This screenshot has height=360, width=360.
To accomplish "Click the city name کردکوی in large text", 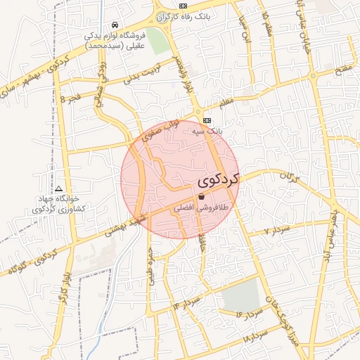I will point(218,179).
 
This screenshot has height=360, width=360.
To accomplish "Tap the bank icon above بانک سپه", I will point(207,120).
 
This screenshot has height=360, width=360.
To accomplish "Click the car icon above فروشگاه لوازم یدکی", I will point(115,25).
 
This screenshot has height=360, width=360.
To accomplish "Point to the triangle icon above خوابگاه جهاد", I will point(58,189).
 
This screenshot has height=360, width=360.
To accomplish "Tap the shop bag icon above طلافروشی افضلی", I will point(201,198).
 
